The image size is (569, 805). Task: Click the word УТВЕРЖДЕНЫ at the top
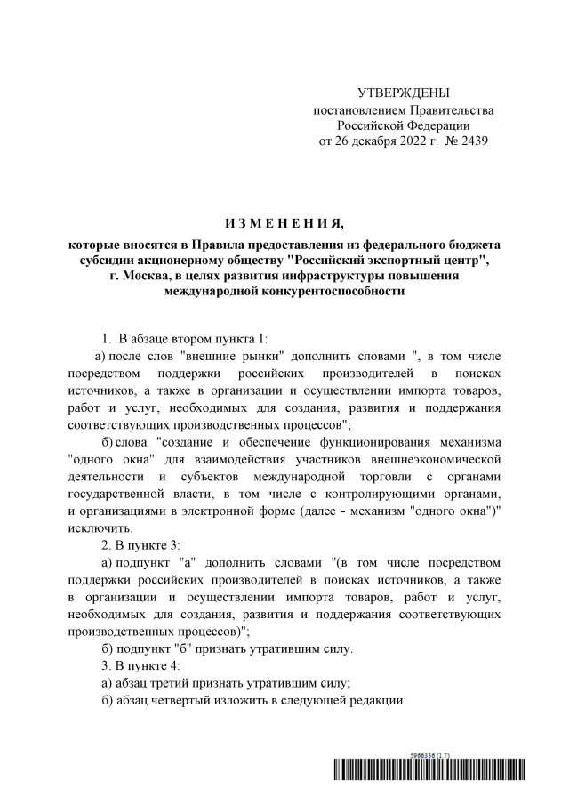coord(403,93)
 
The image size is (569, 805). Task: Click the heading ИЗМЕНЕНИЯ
coord(284,221)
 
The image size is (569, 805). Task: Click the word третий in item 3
coord(176,682)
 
